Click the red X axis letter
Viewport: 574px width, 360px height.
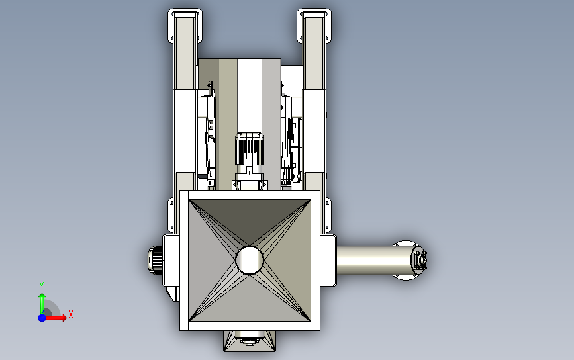click(x=71, y=314)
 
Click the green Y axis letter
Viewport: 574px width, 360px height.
click(x=42, y=285)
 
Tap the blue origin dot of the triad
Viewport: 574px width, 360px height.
click(x=42, y=318)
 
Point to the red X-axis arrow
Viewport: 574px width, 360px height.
click(x=55, y=318)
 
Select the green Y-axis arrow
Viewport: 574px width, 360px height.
click(x=42, y=303)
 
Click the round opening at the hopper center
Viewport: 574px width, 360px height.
click(x=250, y=260)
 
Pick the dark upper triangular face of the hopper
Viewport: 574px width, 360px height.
click(x=250, y=219)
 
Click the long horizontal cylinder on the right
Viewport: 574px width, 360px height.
click(x=373, y=261)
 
